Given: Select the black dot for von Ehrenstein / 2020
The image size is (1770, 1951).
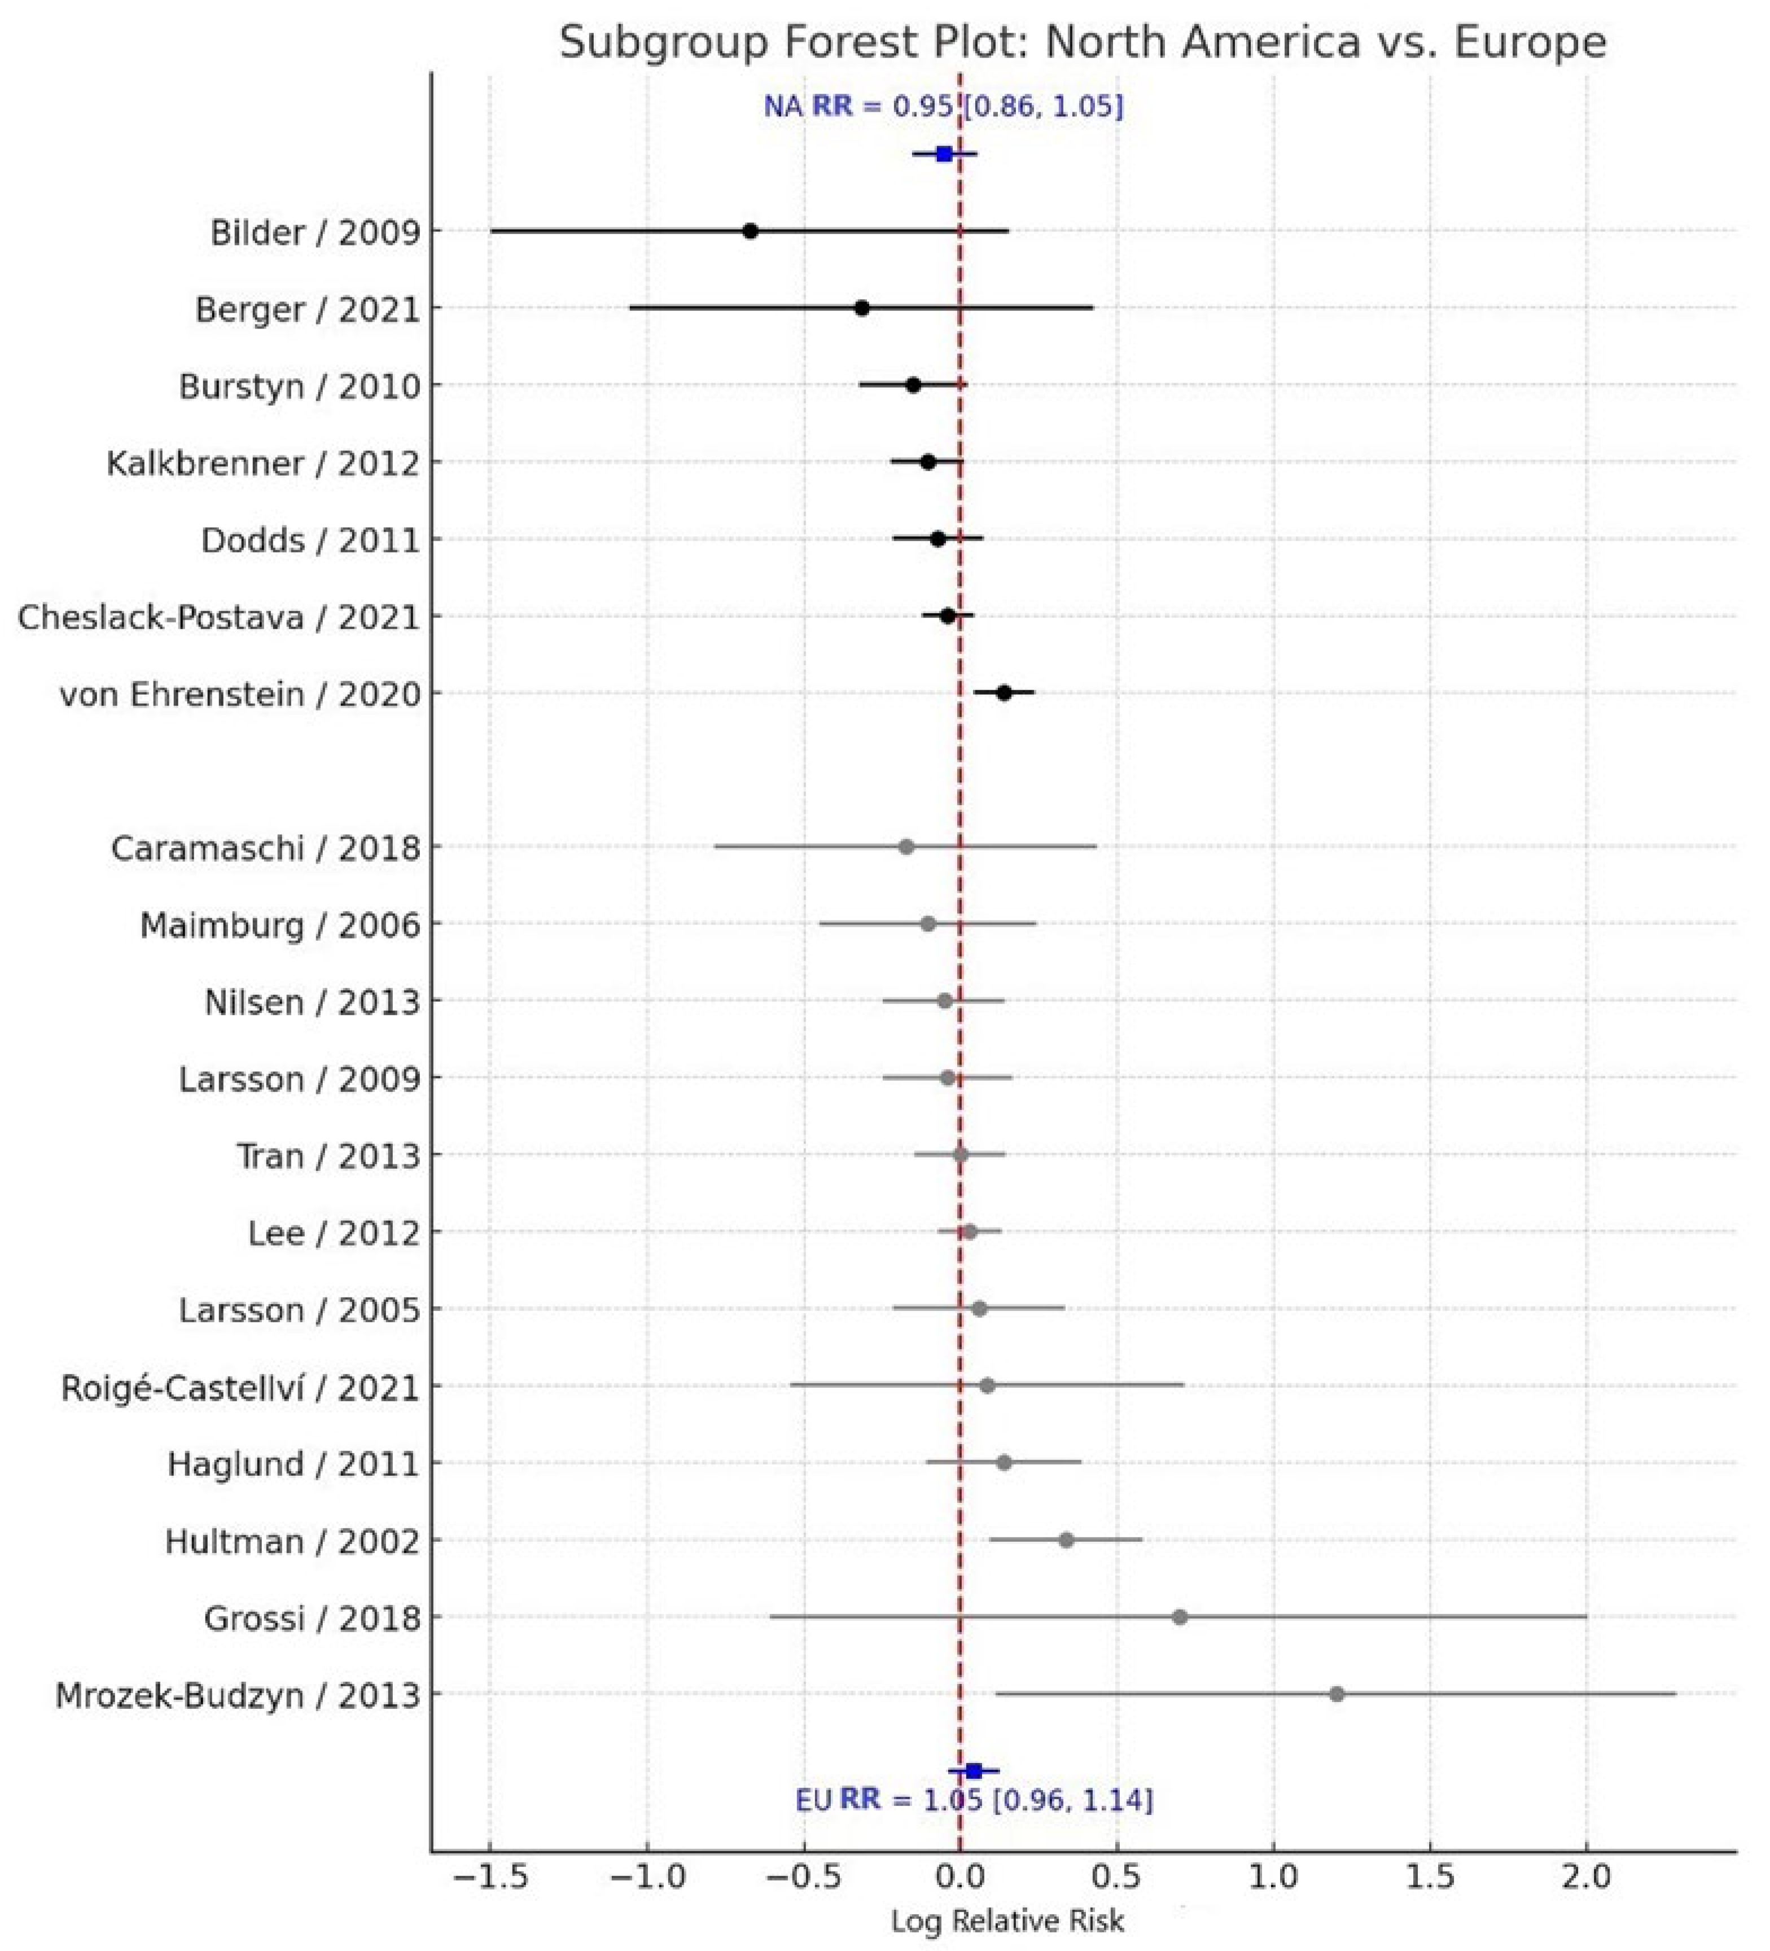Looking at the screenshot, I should pos(1005,693).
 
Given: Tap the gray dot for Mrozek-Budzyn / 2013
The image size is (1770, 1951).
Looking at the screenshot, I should pos(1337,1694).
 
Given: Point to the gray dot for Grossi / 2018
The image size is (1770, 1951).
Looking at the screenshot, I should pos(1180,1617).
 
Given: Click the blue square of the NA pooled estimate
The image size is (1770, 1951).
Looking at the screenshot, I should pos(944,154).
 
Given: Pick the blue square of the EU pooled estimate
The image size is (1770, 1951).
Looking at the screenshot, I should pos(974,1771).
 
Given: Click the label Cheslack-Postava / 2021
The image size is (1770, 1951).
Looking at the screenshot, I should pos(218,616).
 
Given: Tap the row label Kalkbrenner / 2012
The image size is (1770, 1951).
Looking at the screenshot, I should pos(263,463).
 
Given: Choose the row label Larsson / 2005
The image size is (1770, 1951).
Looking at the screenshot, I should pos(300,1309).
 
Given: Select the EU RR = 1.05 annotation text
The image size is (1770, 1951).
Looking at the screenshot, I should pos(974,1800).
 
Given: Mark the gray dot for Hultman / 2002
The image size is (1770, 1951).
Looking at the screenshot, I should pos(1066,1540).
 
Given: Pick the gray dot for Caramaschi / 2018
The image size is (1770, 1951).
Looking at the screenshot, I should pos(906,847).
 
